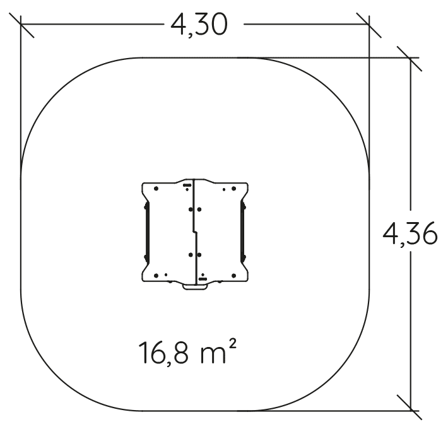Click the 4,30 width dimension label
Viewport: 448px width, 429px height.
199,25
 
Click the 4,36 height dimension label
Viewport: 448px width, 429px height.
410,234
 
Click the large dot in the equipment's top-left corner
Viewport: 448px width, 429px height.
156,189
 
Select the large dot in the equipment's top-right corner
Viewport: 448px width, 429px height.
233,189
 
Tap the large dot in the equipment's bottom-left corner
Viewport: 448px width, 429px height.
156,276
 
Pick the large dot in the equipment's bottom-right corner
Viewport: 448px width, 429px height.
233,276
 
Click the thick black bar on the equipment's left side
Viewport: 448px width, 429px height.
146,232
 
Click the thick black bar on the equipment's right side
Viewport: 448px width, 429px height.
243,232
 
